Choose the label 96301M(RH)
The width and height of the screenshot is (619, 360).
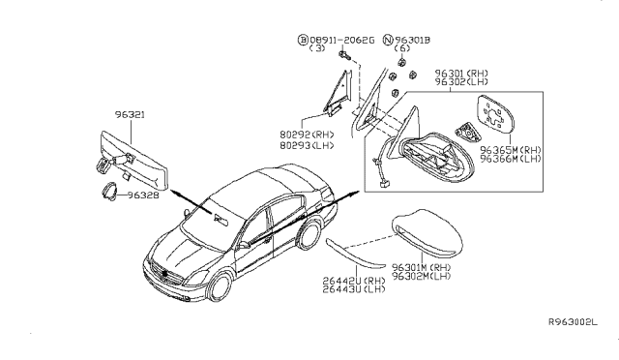424,266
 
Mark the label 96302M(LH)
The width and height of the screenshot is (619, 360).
424,277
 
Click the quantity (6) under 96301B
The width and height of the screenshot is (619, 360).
403,49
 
